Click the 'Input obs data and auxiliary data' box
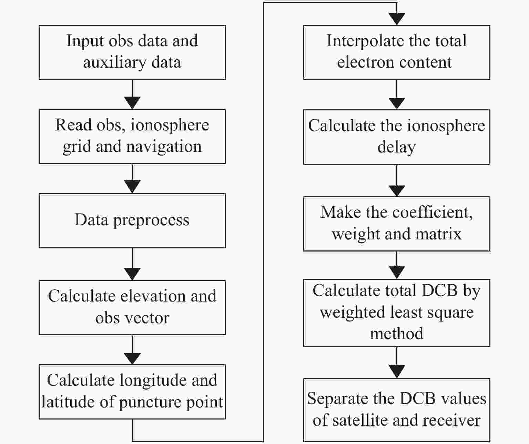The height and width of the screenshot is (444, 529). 132,52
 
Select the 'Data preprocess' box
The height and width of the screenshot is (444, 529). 132,220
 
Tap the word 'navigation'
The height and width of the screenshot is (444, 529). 164,147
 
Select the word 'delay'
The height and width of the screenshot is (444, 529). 397,147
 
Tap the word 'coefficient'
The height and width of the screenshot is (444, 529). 433,212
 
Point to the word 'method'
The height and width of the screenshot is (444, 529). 397,334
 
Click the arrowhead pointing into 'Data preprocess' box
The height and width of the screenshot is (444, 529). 132,187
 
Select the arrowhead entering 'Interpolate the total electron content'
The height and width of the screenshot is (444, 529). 397,19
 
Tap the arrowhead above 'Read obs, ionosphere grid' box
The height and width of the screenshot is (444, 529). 132,103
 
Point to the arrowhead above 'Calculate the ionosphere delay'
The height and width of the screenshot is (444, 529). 397,103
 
